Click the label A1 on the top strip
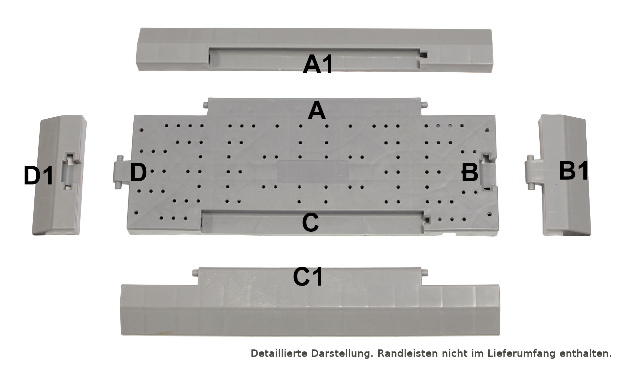[318, 64]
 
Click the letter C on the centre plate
[310, 222]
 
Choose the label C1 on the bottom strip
[308, 277]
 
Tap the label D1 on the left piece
[38, 175]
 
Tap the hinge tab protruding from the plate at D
[122, 171]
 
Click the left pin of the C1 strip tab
[195, 272]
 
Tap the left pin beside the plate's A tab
[205, 105]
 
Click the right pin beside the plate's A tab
[424, 105]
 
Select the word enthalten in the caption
[585, 353]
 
